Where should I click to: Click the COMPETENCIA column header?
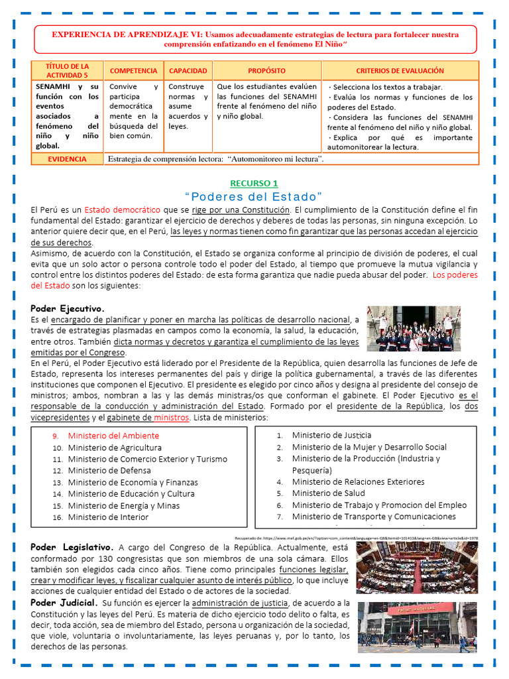[x=133, y=70]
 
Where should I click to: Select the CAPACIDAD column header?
[x=188, y=70]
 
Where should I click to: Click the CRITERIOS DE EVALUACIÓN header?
[x=400, y=70]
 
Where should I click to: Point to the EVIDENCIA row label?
[x=67, y=159]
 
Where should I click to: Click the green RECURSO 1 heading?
[x=254, y=183]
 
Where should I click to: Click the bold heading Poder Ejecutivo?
[x=68, y=308]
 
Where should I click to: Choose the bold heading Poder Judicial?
[x=64, y=603]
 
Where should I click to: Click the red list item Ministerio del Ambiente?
[x=113, y=436]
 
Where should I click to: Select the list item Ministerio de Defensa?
[x=109, y=470]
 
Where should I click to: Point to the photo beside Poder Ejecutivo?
[x=414, y=329]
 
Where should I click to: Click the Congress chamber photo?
[x=416, y=567]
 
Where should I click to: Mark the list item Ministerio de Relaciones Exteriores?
[x=358, y=481]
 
